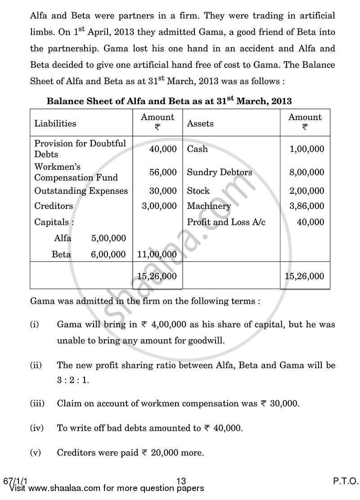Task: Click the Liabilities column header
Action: point(55,123)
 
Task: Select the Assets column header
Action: point(200,123)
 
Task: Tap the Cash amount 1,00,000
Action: point(307,149)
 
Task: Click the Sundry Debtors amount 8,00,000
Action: point(307,172)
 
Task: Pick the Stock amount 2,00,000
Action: point(307,191)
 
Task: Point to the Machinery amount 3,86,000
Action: point(307,206)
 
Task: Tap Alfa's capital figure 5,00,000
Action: point(108,238)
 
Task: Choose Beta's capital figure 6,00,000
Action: point(108,255)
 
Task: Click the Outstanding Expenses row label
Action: point(81,191)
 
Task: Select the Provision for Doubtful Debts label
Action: point(80,149)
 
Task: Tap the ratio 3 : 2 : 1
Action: point(73,380)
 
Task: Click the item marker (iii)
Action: point(37,404)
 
